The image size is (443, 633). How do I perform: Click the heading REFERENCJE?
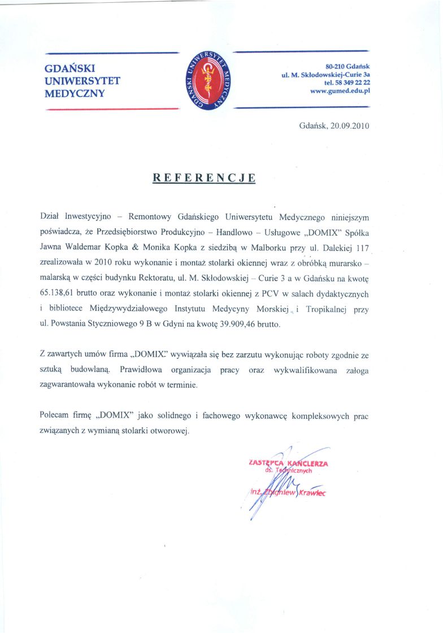click(x=204, y=178)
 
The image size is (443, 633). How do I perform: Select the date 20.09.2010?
click(x=350, y=126)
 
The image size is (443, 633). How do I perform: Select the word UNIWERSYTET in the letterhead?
click(x=82, y=81)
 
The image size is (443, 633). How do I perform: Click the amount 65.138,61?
click(x=60, y=294)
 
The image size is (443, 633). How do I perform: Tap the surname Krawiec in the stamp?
click(x=311, y=493)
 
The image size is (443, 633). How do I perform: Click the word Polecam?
click(x=55, y=415)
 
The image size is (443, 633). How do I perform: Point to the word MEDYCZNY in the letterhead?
click(x=75, y=93)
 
